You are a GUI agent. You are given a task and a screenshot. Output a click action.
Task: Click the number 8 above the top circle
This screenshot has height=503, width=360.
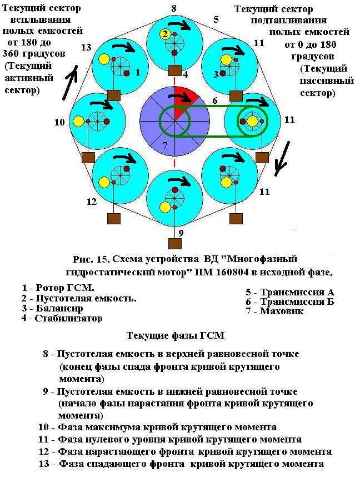174,8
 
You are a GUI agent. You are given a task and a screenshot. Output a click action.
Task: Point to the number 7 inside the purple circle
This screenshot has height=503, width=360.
164,145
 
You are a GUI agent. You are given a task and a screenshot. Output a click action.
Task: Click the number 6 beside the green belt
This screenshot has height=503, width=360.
214,101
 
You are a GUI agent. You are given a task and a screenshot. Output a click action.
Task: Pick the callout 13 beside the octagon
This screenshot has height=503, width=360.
86,47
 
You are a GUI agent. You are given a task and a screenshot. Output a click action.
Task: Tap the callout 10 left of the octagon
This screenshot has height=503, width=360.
60,122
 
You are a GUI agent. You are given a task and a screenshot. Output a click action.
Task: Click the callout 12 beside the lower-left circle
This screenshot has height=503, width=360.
92,202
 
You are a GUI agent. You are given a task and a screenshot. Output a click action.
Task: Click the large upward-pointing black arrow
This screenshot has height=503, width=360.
70,81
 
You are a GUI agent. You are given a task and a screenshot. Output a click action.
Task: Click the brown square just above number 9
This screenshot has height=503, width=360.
175,243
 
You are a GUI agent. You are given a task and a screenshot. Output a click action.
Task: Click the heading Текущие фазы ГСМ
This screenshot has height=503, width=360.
175,335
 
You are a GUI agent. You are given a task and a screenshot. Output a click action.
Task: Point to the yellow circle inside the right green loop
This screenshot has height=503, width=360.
253,121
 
